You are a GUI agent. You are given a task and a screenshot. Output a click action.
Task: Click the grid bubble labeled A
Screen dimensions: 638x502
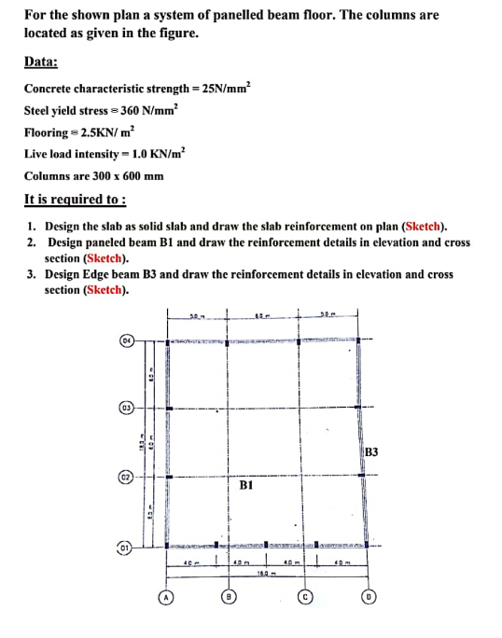click(x=165, y=595)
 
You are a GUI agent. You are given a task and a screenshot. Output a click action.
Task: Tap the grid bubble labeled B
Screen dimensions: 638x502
click(x=228, y=595)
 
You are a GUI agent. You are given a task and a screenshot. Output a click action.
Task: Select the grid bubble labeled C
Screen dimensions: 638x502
click(x=303, y=595)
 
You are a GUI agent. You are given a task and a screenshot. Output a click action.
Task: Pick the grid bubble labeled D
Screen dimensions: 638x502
click(x=368, y=595)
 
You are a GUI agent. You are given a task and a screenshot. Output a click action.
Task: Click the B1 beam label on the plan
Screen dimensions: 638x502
click(x=247, y=486)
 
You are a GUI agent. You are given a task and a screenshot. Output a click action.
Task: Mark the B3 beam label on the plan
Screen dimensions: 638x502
click(x=371, y=452)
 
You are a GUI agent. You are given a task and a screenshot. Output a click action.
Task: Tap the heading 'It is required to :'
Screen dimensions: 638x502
click(x=75, y=200)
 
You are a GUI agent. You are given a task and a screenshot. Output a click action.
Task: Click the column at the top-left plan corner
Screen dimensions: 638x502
click(x=167, y=342)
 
